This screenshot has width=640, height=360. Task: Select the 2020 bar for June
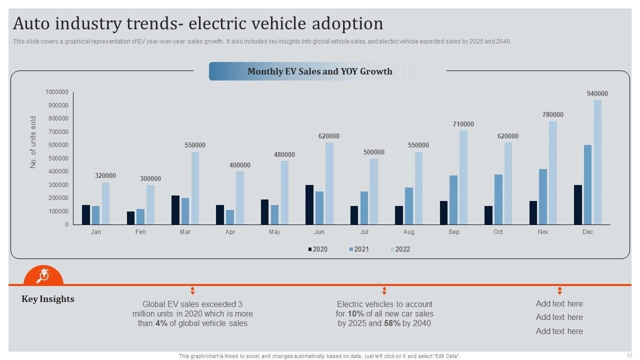309,205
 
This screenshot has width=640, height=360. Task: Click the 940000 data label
597,94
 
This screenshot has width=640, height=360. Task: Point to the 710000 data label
463,124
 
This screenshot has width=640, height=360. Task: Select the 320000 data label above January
105,176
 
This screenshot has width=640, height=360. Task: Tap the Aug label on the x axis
409,232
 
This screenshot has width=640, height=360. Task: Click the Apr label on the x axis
230,232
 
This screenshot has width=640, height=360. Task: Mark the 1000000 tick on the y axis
56,92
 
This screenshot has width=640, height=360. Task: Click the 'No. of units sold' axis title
33,142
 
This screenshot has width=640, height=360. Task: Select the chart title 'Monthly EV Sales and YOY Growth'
320,71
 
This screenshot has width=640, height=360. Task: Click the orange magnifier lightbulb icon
43,275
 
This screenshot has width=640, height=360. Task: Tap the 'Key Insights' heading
48,299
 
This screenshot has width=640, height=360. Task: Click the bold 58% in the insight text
392,323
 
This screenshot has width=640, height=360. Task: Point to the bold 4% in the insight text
161,323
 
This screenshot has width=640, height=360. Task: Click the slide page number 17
629,355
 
